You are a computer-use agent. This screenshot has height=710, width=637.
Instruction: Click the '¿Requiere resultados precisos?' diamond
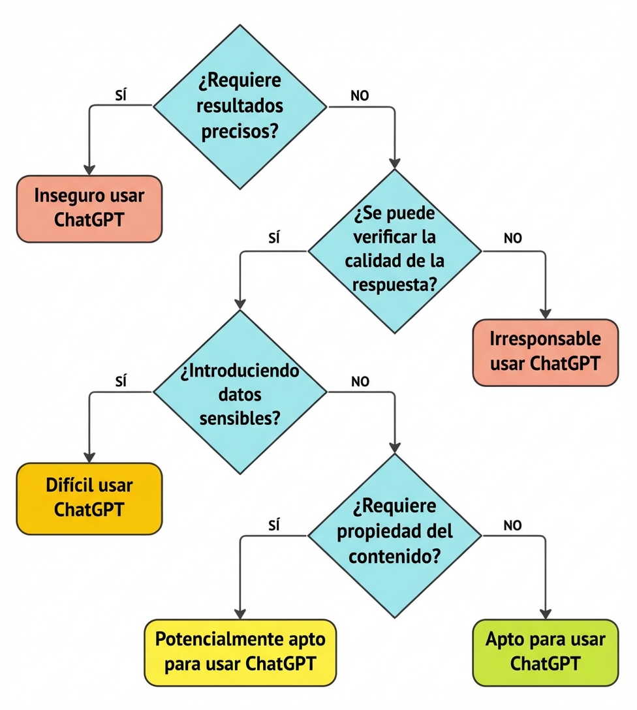[239, 104]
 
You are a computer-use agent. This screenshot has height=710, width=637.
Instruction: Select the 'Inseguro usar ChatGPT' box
[89, 209]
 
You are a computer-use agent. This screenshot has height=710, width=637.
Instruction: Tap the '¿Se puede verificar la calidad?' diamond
[394, 250]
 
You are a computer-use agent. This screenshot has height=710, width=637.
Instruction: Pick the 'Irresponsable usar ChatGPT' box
[545, 352]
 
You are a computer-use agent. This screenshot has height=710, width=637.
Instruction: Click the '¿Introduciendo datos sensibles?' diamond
[239, 392]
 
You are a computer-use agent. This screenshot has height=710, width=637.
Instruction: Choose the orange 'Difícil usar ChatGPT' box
[89, 499]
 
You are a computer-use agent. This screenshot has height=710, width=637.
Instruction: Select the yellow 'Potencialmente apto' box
[240, 653]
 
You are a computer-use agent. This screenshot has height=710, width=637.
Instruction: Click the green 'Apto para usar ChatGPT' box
[545, 653]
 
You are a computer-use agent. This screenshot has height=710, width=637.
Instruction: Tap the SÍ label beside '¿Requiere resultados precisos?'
[120, 95]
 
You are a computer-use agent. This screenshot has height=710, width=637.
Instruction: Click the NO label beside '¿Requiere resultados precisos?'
[360, 95]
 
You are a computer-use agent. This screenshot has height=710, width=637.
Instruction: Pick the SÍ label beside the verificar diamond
[274, 239]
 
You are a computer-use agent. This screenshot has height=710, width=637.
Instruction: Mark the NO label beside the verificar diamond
[513, 239]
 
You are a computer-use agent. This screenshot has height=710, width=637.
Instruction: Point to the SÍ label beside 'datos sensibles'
[120, 382]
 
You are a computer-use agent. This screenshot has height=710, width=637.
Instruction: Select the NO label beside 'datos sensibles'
[360, 382]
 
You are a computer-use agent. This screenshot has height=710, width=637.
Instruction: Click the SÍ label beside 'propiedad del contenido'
[274, 526]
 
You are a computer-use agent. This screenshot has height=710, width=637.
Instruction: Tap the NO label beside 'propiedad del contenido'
[513, 526]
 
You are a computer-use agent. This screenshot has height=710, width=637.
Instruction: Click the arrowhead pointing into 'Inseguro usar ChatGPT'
[89, 168]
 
